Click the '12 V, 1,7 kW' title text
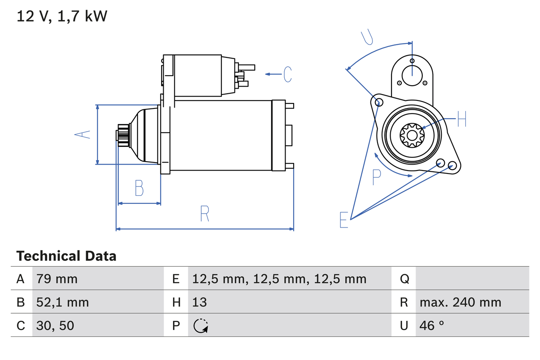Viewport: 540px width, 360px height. [x=62, y=16]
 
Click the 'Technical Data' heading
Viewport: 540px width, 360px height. [x=66, y=256]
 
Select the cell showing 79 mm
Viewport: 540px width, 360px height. [x=57, y=279]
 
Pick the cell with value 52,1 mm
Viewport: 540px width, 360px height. [x=62, y=302]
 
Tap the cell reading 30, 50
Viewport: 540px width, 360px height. [x=55, y=325]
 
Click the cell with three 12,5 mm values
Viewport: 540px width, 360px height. [x=279, y=279]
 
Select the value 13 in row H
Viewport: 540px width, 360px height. [x=200, y=302]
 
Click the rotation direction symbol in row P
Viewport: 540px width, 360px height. [x=200, y=326]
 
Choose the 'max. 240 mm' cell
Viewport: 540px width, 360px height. [x=460, y=302]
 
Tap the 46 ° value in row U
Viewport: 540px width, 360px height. [x=432, y=325]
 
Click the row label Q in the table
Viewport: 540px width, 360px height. [x=404, y=279]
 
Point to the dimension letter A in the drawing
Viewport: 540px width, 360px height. [x=83, y=135]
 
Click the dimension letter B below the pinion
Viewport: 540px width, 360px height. [x=139, y=188]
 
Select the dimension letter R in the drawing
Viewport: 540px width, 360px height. [x=204, y=214]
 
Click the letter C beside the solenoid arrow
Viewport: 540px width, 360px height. [x=288, y=74]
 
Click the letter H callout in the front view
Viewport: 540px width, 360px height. [x=462, y=120]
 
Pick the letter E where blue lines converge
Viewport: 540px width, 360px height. [x=344, y=220]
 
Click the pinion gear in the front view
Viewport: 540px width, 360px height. [x=411, y=135]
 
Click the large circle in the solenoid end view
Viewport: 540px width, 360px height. [x=412, y=76]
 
